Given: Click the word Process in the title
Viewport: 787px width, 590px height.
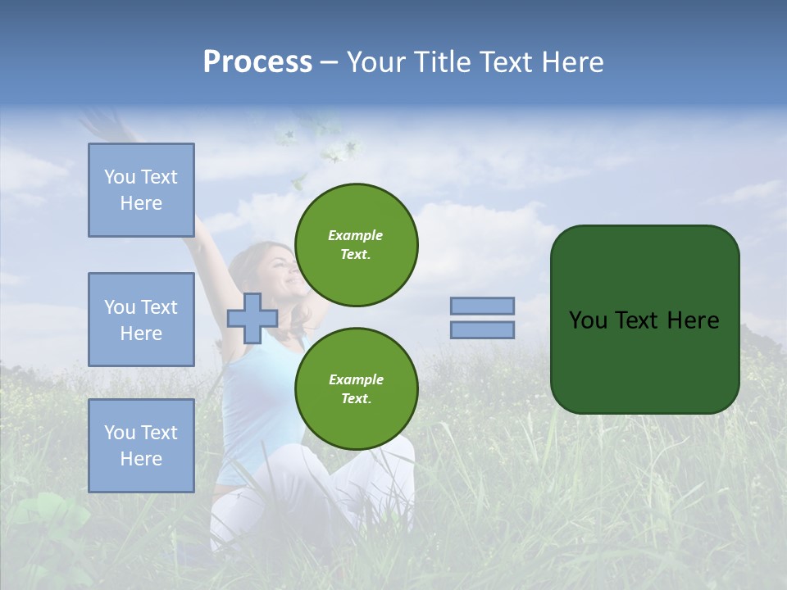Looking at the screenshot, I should coord(257,62).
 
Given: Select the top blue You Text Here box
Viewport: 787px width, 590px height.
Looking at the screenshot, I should coord(141,190).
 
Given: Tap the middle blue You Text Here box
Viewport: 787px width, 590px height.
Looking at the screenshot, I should coord(141,320).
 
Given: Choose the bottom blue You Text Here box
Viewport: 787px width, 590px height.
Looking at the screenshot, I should coord(141,445).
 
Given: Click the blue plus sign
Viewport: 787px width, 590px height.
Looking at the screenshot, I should coord(252,318).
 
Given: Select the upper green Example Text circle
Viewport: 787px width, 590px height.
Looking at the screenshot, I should coord(356,245).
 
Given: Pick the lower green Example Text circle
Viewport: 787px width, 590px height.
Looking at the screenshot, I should coord(356,389).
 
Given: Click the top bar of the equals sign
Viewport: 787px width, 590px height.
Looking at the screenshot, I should coord(482,306).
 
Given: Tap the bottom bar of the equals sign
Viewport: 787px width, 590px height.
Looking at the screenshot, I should coord(482,330).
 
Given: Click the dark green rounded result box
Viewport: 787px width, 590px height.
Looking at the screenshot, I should coord(644,320).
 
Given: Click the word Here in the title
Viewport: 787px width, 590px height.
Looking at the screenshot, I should coord(574,62).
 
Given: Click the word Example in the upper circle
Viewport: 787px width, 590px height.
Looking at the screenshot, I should coord(356,235).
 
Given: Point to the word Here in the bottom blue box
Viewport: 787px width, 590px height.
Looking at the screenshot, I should coord(141,459).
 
